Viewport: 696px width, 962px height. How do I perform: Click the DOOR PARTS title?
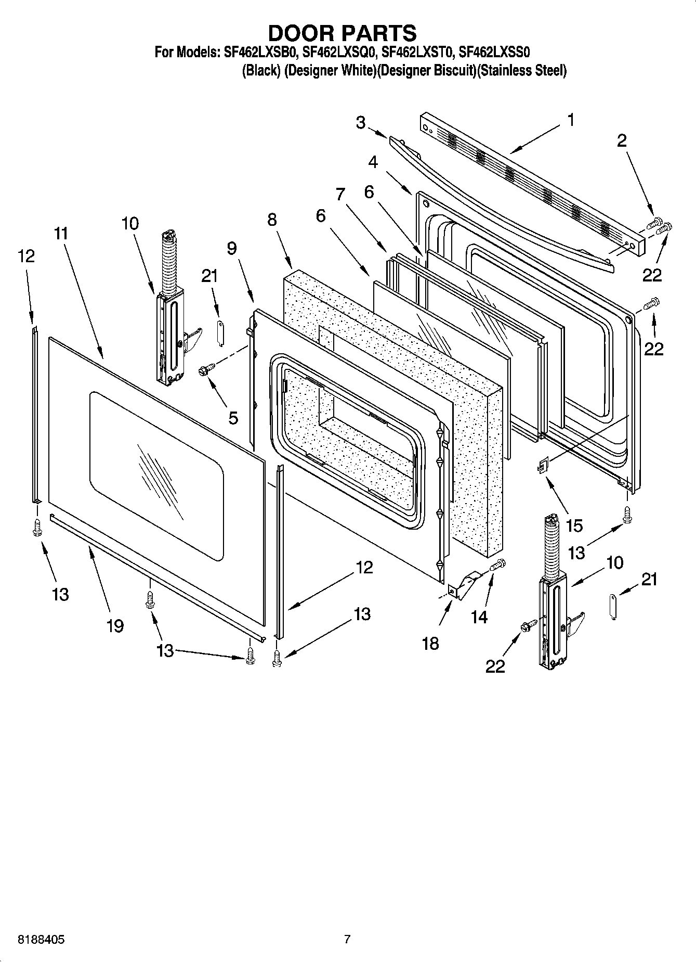(342, 33)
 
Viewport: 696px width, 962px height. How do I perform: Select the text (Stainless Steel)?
(521, 70)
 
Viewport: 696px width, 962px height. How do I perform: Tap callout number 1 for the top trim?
(571, 120)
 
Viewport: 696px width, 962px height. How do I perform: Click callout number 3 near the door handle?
(361, 123)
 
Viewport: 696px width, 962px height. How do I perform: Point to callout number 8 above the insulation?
(272, 220)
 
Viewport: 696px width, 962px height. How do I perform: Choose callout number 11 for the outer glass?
(61, 233)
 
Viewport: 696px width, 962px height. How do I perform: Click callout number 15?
(574, 525)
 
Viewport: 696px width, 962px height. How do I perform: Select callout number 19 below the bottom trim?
(115, 626)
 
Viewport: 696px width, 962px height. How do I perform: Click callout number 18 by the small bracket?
(431, 644)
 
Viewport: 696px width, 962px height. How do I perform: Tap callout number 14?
(479, 617)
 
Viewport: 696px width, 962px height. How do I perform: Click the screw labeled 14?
(498, 564)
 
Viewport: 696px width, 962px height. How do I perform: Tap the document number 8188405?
(41, 940)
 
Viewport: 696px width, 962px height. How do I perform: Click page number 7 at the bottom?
(347, 939)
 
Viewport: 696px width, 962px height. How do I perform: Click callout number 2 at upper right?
(622, 140)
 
